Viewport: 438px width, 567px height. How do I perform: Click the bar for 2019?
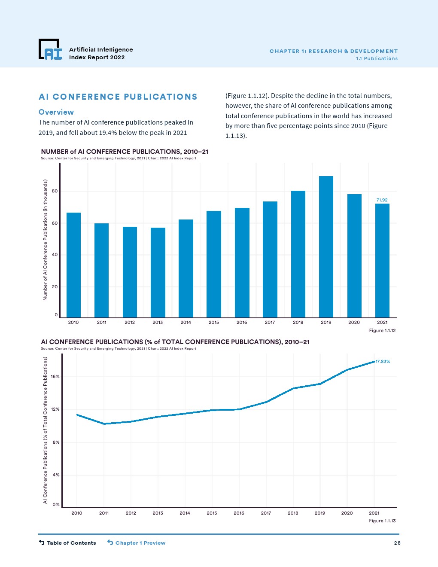326,247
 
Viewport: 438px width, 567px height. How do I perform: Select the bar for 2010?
73,265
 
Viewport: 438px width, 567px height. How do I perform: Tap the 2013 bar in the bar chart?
158,273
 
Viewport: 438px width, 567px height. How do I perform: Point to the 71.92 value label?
382,200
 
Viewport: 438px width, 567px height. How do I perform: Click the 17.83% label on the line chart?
383,362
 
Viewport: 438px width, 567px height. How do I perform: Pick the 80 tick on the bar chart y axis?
55,191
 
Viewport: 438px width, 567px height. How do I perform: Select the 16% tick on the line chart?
55,377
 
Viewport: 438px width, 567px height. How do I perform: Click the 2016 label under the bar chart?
242,323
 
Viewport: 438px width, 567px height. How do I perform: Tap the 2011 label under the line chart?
104,513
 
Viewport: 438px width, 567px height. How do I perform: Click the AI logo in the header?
51,50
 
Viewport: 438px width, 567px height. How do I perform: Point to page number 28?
397,543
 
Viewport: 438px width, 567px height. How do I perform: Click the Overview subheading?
56,112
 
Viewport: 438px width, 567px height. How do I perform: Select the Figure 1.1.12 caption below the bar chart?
382,330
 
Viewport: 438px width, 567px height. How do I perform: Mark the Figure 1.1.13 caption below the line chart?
382,521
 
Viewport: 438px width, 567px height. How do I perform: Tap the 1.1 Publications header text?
377,58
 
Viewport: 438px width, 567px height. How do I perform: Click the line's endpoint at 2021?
374,362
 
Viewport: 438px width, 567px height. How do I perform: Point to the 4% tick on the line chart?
56,475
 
